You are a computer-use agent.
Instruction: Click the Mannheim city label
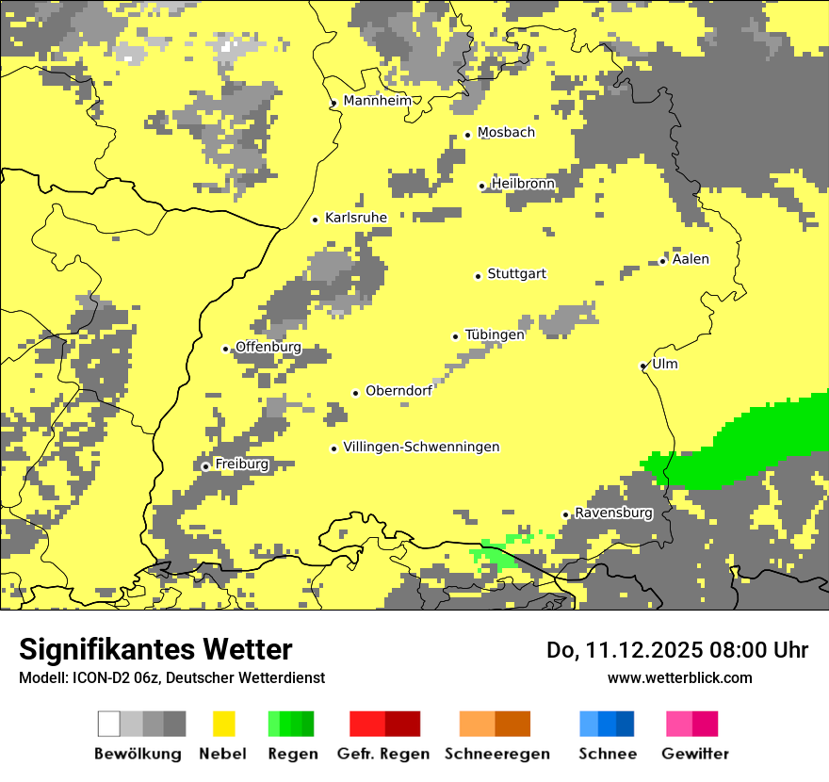coord(378,101)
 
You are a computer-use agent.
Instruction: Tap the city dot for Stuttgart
coord(478,276)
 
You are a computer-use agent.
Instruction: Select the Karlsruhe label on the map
coord(356,218)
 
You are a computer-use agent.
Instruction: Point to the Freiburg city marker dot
coord(205,466)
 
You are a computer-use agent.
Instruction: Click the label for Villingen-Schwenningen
coord(421,447)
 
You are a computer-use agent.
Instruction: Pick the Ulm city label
coord(664,364)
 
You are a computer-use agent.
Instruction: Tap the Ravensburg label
coord(613,513)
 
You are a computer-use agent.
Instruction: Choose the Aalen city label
coord(691,259)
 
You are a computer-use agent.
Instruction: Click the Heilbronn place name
coord(523,184)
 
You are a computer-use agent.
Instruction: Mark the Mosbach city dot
coord(467,135)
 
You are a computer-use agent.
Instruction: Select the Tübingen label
coord(495,334)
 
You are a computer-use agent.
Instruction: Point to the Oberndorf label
coord(398,391)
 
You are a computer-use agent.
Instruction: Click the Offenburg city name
coord(268,347)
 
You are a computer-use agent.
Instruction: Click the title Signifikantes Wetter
coord(155,649)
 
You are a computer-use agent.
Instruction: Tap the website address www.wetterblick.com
coord(679,677)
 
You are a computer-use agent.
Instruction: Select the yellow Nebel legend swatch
coord(224,724)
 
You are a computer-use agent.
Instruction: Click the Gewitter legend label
coord(694,754)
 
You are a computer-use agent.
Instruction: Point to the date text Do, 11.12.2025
coord(622,650)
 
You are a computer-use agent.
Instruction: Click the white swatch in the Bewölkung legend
coord(109,724)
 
